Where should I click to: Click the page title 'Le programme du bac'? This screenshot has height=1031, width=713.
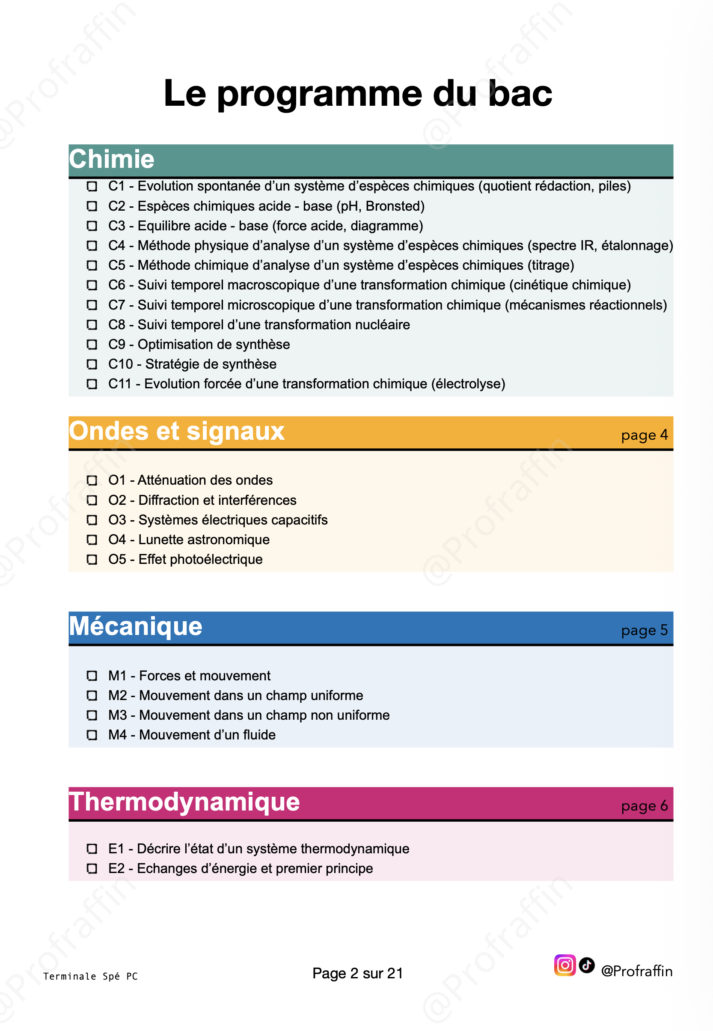tap(357, 93)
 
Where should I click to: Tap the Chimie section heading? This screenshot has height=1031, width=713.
tap(111, 159)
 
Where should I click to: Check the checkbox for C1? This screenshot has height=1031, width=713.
tap(92, 186)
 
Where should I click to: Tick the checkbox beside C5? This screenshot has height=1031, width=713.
tap(92, 265)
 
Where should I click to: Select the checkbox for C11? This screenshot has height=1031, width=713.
tap(92, 384)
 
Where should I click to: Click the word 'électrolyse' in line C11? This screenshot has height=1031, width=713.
tap(468, 384)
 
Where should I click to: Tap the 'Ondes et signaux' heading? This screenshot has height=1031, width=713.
tap(176, 431)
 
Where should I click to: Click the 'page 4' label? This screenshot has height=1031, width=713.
tap(644, 435)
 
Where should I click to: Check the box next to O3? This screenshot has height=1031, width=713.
tap(92, 520)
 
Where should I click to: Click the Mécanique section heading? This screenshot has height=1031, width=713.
tap(135, 626)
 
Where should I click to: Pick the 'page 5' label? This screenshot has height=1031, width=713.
tap(644, 630)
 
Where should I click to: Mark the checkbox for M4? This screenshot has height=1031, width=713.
tap(92, 735)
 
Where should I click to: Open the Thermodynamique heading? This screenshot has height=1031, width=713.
tap(184, 802)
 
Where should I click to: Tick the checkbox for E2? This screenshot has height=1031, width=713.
tap(92, 869)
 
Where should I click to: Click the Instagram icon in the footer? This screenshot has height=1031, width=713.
tap(564, 965)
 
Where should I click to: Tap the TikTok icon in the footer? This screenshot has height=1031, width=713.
tap(587, 965)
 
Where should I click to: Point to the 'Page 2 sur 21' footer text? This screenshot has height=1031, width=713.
tap(357, 973)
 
